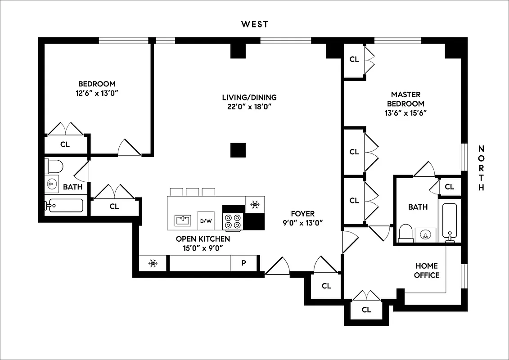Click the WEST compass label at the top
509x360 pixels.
coord(254,24)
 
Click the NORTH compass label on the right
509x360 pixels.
coord(481,168)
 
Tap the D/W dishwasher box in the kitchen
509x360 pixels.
coord(206,220)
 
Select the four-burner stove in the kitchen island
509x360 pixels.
coord(233,220)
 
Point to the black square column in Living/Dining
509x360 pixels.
coord(238,150)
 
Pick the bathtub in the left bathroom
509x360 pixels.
coord(64,206)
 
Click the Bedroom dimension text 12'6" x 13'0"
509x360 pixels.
coord(97,93)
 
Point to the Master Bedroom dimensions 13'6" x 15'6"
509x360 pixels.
coord(405,113)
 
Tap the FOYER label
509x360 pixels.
coord(303,214)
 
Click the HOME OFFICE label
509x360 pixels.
coord(427,270)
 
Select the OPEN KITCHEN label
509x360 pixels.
coord(203,239)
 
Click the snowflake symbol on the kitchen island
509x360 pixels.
coord(255,205)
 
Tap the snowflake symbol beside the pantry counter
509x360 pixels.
coord(153,263)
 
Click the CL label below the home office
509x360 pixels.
coord(366,310)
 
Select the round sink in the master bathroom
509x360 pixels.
coord(425,234)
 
